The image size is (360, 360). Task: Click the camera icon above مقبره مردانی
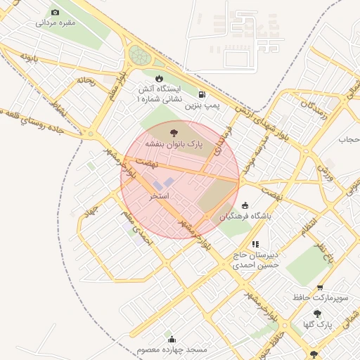pyautogui.click(x=56, y=12)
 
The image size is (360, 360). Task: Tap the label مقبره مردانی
pyautogui.click(x=56, y=22)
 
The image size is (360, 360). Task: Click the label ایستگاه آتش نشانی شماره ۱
pyautogui.click(x=158, y=95)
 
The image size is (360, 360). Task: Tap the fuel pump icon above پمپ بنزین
pyautogui.click(x=202, y=94)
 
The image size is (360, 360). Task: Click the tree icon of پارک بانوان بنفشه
pyautogui.click(x=174, y=131)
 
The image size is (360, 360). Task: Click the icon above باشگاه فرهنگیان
pyautogui.click(x=244, y=205)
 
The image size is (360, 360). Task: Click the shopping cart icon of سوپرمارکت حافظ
pyautogui.click(x=321, y=288)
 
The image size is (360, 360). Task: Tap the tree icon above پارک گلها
pyautogui.click(x=317, y=314)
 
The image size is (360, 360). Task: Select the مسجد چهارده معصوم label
pyautogui.click(x=169, y=349)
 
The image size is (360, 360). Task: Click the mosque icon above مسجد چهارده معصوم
pyautogui.click(x=169, y=339)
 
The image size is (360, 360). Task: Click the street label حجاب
pyautogui.click(x=349, y=139)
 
